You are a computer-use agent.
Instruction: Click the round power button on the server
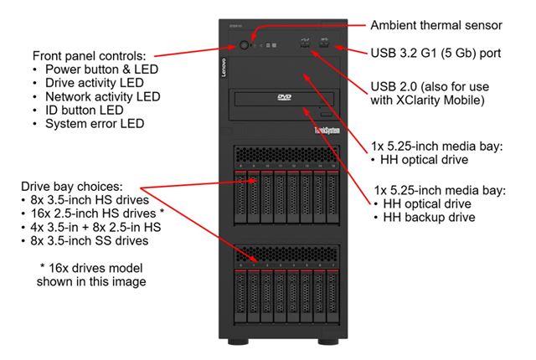click(x=245, y=44)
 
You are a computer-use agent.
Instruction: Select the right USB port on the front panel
click(x=322, y=44)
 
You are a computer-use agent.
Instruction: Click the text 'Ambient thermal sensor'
click(x=436, y=24)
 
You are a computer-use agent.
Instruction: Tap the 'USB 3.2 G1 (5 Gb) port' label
click(x=435, y=53)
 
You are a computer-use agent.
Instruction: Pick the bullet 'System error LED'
click(x=94, y=124)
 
